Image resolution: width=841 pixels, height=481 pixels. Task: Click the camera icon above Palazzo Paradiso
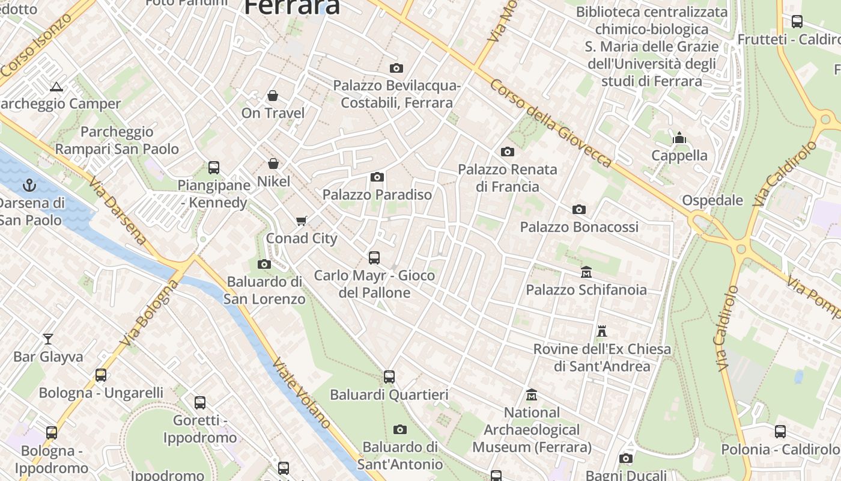point(377,177)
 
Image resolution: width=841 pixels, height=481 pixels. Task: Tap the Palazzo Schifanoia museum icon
point(586,272)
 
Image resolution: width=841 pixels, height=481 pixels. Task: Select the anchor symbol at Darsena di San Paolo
point(29,185)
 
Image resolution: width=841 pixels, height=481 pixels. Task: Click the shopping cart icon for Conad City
point(302,221)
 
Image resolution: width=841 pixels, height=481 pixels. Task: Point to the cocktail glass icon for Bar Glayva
point(48,339)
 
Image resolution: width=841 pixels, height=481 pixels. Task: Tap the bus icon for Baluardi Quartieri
point(389,377)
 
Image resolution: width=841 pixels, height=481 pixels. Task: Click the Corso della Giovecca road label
point(550,123)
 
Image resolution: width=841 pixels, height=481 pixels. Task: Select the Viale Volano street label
point(302,393)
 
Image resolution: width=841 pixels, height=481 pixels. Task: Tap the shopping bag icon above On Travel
point(273,96)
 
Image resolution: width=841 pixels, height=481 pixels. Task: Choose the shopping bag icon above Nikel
point(273,164)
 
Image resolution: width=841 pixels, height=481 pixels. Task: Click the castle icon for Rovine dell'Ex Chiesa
point(602,331)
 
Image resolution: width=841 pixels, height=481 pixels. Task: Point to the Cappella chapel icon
point(679,138)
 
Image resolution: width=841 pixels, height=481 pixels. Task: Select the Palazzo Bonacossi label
point(579,227)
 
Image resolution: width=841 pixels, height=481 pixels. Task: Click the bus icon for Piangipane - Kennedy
point(214,168)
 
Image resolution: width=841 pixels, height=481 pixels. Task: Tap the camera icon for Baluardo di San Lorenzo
point(264,264)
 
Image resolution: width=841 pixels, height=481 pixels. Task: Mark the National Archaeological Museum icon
point(532,395)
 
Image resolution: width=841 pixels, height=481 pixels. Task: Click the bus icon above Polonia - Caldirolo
point(780,431)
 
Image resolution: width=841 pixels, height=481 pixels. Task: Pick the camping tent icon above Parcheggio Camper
point(56,87)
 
